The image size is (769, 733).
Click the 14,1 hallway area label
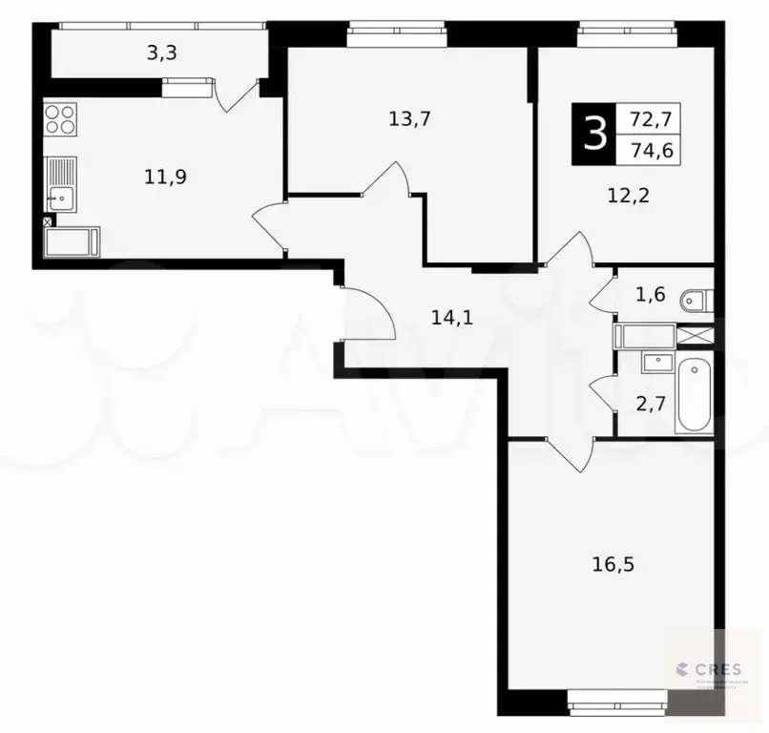click(x=451, y=318)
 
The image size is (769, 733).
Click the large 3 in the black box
click(x=594, y=135)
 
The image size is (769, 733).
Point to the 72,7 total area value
click(x=649, y=119)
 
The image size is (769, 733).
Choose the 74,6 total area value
click(x=649, y=150)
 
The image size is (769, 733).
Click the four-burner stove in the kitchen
click(x=61, y=121)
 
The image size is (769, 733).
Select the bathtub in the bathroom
click(x=693, y=394)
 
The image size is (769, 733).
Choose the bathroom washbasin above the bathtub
click(x=655, y=361)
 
